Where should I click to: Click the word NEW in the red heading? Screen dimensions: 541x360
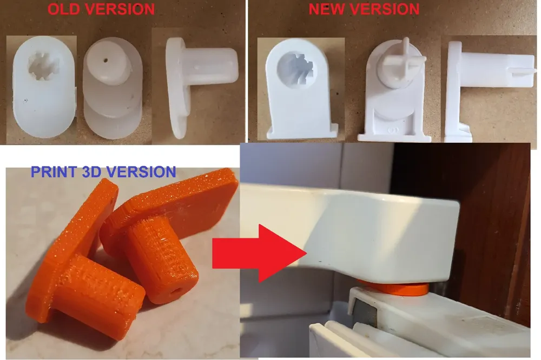(x=326, y=9)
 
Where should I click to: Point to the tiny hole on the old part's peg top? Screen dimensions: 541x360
(x=105, y=61)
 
